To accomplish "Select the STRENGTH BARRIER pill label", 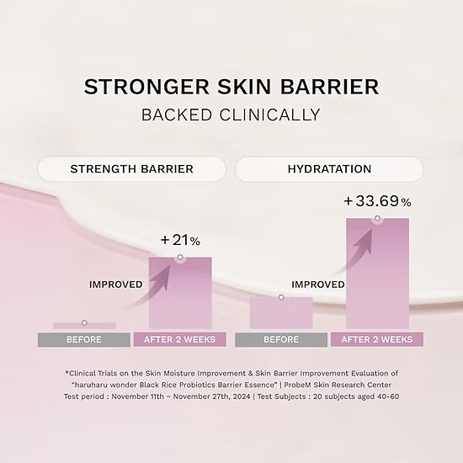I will click(131, 169).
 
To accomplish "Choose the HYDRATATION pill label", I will click(330, 169).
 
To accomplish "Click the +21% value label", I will click(180, 241).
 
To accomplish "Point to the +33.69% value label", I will click(377, 202).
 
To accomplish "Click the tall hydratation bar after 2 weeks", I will click(377, 278).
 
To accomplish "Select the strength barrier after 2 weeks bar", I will click(180, 295).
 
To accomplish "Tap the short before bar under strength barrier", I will click(84, 326).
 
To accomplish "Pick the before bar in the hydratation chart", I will click(281, 313).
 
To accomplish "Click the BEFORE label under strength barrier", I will click(84, 340).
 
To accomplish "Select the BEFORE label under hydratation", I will click(281, 340).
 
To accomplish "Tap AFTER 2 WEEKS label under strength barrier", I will click(180, 340).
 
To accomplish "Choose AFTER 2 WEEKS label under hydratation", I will click(377, 340).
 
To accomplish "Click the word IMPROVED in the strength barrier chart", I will click(115, 285).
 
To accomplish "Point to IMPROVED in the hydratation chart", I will click(317, 285).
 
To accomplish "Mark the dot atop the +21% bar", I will click(180, 258).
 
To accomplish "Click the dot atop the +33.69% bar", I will click(377, 219).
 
